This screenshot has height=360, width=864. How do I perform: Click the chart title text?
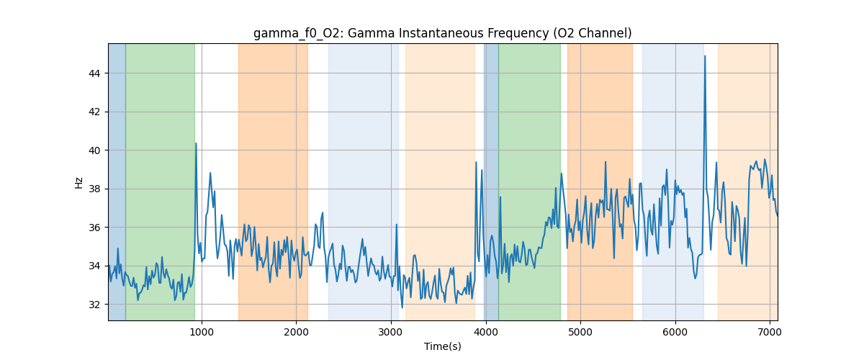pyautogui.click(x=442, y=33)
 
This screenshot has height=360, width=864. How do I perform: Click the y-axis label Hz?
pyautogui.click(x=79, y=182)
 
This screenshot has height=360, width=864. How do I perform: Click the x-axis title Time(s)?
pyautogui.click(x=442, y=346)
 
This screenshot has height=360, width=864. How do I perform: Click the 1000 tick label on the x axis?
pyautogui.click(x=202, y=331)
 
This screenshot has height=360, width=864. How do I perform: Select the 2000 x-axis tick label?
pyautogui.click(x=296, y=331)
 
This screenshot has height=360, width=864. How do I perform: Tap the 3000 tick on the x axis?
pyautogui.click(x=391, y=331)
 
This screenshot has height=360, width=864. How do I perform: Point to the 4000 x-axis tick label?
pyautogui.click(x=486, y=331)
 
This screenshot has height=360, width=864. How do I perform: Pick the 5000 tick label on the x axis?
pyautogui.click(x=580, y=331)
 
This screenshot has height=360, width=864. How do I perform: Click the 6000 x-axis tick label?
pyautogui.click(x=675, y=331)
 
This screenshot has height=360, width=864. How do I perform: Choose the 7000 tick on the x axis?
pyautogui.click(x=770, y=331)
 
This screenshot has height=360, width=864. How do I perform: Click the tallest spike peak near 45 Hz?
pyautogui.click(x=705, y=56)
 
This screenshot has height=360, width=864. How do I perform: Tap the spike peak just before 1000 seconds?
pyautogui.click(x=196, y=143)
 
